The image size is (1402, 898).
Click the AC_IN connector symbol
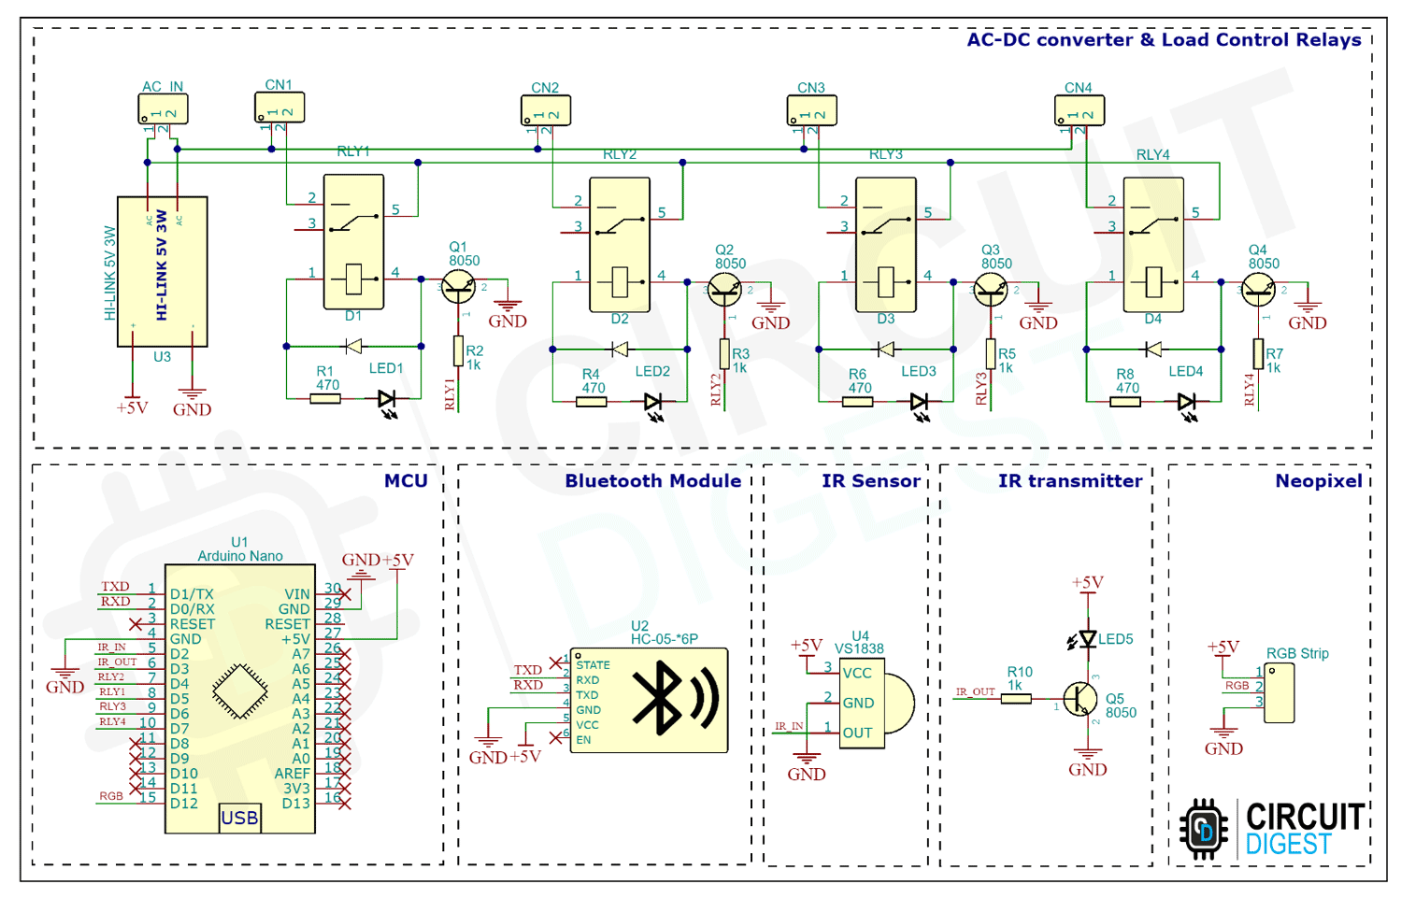pyautogui.click(x=164, y=109)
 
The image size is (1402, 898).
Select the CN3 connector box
pyautogui.click(x=811, y=111)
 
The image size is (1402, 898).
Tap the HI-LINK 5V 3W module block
pyautogui.click(x=162, y=271)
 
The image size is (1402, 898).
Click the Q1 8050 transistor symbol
pyautogui.click(x=458, y=287)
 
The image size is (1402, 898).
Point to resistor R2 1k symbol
pyautogui.click(x=458, y=351)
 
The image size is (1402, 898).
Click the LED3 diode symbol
pyautogui.click(x=919, y=402)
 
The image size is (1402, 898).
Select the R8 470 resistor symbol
pyautogui.click(x=1125, y=402)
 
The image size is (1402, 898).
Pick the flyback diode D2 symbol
pyautogui.click(x=619, y=349)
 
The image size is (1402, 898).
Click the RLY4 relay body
pyautogui.click(x=1153, y=245)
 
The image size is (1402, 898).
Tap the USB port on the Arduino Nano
pyautogui.click(x=239, y=818)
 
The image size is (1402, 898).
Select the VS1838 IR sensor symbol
pyautogui.click(x=874, y=703)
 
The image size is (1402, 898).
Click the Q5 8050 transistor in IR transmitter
pyautogui.click(x=1080, y=698)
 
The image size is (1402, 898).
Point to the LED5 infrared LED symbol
pyautogui.click(x=1087, y=639)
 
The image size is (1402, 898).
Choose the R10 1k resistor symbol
pyautogui.click(x=1016, y=698)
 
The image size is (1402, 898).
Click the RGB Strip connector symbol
pyautogui.click(x=1279, y=693)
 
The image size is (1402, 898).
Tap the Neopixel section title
pyautogui.click(x=1318, y=481)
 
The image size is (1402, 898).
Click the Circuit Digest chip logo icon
pyautogui.click(x=1204, y=828)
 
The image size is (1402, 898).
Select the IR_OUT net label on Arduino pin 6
pyautogui.click(x=118, y=662)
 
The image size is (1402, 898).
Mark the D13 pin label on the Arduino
pyautogui.click(x=295, y=804)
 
